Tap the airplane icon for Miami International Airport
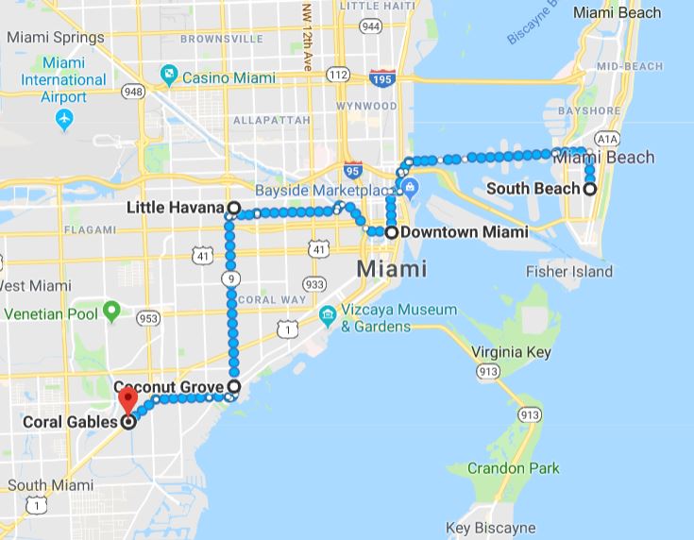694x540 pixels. point(64,120)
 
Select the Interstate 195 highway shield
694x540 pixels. point(382,78)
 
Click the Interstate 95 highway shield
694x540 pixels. point(352,170)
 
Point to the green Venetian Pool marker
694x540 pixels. point(111,309)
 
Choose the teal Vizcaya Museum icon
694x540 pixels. point(328,314)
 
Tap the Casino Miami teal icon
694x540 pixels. point(168,74)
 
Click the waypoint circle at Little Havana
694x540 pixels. point(232,207)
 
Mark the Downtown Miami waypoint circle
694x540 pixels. point(391,231)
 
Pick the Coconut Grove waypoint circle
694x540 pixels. point(233,386)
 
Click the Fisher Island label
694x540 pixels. point(569,271)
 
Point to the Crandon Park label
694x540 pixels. point(514,468)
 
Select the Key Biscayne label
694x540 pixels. point(491,529)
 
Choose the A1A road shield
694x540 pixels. point(606,138)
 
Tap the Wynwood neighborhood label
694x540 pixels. point(365,106)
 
